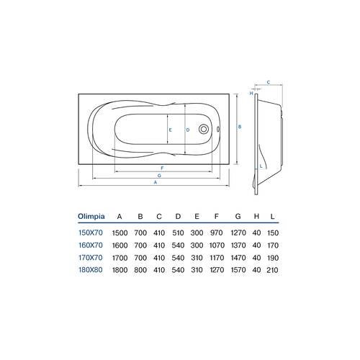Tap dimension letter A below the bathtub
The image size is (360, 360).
(x=156, y=182)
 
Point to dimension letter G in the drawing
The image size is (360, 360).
(x=159, y=175)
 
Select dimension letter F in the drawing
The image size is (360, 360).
(x=163, y=167)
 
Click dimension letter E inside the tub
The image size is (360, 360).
(x=171, y=130)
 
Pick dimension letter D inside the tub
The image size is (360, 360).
(x=188, y=130)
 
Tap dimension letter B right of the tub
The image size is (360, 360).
(x=240, y=125)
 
